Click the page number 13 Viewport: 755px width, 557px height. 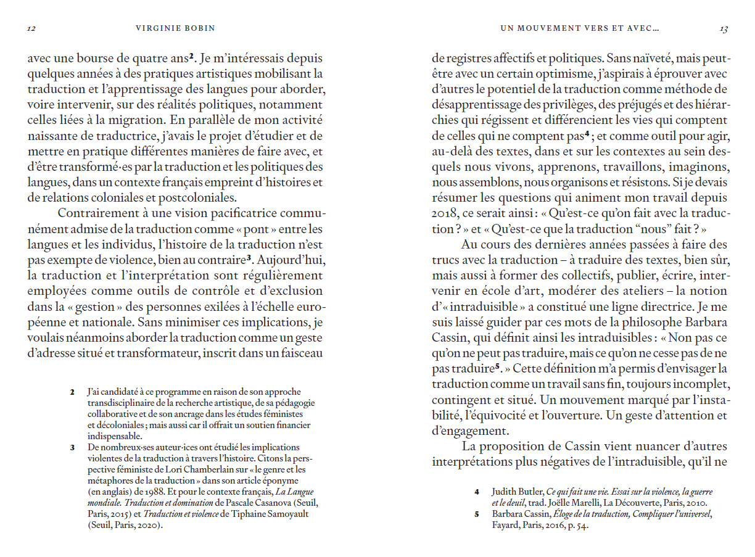point(724,28)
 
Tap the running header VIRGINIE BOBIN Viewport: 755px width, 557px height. point(176,28)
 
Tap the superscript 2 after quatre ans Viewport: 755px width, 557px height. point(192,58)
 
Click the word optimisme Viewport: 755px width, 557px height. point(558,74)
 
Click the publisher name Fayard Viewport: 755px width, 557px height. point(505,526)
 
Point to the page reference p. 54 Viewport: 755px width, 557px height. point(578,526)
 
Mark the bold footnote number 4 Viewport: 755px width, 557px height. point(477,492)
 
